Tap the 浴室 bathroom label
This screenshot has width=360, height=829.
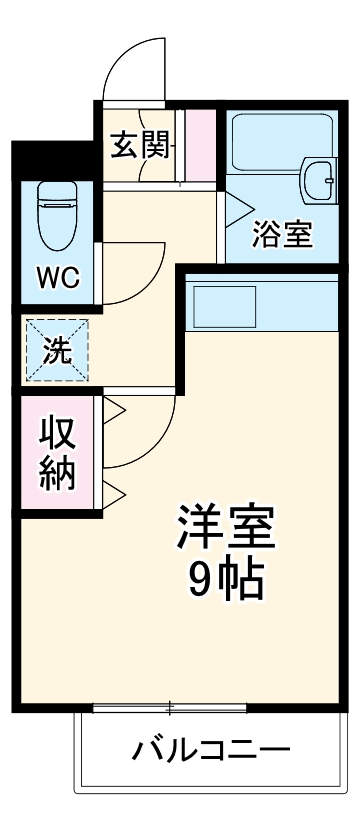click(283, 234)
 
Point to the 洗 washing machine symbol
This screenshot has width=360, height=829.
click(57, 351)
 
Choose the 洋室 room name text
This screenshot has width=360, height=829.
click(226, 526)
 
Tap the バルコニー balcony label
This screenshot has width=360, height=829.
click(211, 749)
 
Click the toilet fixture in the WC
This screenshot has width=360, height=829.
click(56, 215)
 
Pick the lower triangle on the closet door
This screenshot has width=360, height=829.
click(112, 491)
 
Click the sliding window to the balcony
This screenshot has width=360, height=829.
click(170, 709)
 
